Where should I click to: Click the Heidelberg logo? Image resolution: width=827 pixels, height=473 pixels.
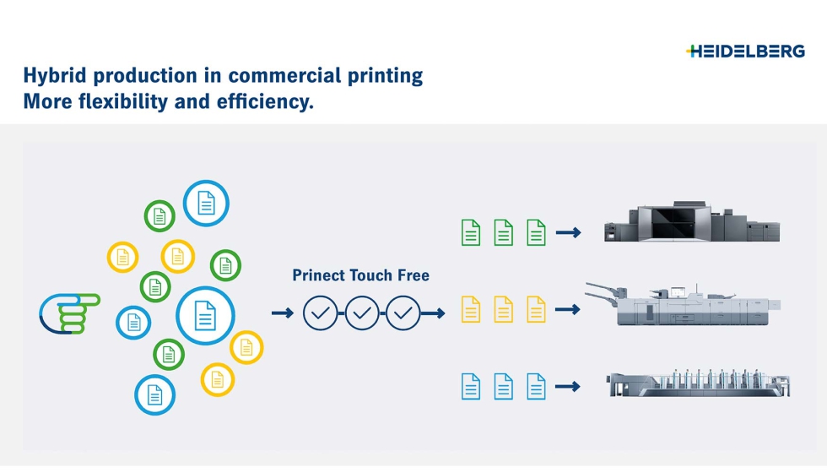tap(745, 52)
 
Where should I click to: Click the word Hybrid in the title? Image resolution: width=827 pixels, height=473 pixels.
tap(55, 76)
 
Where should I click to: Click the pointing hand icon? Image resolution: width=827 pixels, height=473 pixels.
tap(69, 313)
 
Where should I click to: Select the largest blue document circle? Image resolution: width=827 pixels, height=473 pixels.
tap(204, 315)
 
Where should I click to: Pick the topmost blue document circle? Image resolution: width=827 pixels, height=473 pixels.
tap(206, 204)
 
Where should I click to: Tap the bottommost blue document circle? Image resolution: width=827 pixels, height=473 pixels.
tap(154, 394)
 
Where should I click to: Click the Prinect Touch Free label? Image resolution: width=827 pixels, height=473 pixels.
tap(360, 275)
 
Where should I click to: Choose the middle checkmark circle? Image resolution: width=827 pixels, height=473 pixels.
tap(362, 313)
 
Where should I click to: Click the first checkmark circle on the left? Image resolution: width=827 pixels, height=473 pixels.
tap(321, 313)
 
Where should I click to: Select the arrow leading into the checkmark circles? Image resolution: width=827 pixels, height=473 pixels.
tap(283, 313)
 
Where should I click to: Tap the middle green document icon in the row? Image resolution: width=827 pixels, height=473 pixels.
tap(503, 232)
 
